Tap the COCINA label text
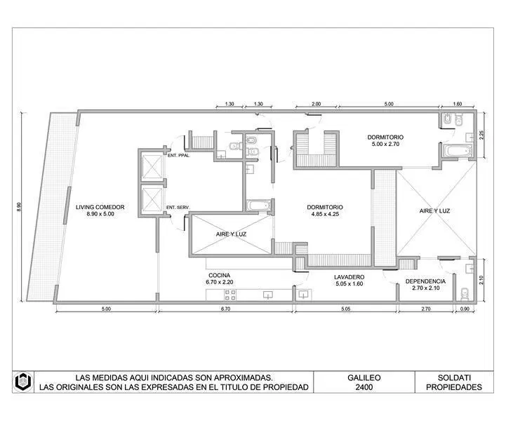pyautogui.click(x=220, y=275)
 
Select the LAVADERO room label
pyautogui.click(x=349, y=276)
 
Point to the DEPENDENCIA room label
pyautogui.click(x=425, y=281)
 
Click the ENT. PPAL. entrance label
pyautogui.click(x=179, y=156)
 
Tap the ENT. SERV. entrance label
pyautogui.click(x=178, y=208)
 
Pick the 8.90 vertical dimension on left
pyautogui.click(x=19, y=207)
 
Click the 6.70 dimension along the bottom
pyautogui.click(x=225, y=309)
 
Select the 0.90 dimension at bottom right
pyautogui.click(x=465, y=309)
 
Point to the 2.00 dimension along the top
pyautogui.click(x=317, y=104)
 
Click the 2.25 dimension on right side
pyautogui.click(x=481, y=135)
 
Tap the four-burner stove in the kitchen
pyautogui.click(x=230, y=295)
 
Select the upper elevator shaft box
pyautogui.click(x=152, y=166)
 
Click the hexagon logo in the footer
pyautogui.click(x=23, y=382)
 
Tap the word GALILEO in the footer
pyautogui.click(x=364, y=377)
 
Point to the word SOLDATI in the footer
pyautogui.click(x=454, y=377)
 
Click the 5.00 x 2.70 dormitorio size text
pyautogui.click(x=385, y=144)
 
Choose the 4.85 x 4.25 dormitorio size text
pyautogui.click(x=325, y=214)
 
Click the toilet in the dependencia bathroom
pyautogui.click(x=465, y=293)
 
